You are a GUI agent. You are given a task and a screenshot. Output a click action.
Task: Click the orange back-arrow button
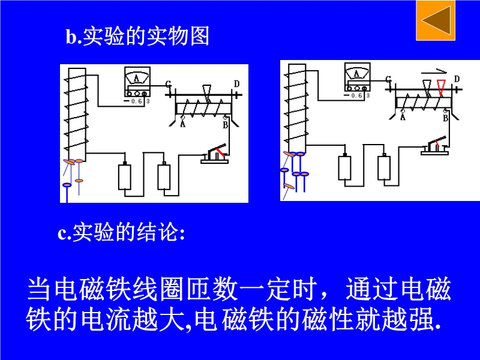pyautogui.click(x=436, y=20)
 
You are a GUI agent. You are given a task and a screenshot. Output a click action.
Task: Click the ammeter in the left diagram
pyautogui.click(x=137, y=82)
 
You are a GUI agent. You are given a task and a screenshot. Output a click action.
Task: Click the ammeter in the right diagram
pyautogui.click(x=357, y=77)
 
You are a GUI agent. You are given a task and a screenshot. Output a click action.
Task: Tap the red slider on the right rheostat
pyautogui.click(x=441, y=88)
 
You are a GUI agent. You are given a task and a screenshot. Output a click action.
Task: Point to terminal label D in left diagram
pyautogui.click(x=236, y=84)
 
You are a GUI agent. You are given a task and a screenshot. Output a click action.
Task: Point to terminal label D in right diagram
pyautogui.click(x=457, y=79)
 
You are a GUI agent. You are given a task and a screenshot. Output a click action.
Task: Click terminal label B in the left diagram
pyautogui.click(x=226, y=125)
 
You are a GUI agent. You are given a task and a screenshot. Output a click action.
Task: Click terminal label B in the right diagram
pyautogui.click(x=445, y=118)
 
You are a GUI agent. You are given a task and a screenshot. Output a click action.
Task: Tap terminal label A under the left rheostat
pyautogui.click(x=183, y=124)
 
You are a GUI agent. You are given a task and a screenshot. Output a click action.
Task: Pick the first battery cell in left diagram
pyautogui.click(x=125, y=176)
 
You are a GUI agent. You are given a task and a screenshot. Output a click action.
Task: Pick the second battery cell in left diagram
pyautogui.click(x=164, y=176)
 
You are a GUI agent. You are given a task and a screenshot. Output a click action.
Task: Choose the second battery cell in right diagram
pyautogui.click(x=384, y=168)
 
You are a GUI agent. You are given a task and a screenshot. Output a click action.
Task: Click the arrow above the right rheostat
pyautogui.click(x=434, y=72)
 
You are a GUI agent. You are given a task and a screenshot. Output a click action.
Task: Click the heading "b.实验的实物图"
pyautogui.click(x=137, y=36)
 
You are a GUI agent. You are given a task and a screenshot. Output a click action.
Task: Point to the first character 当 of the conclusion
pyautogui.click(x=39, y=289)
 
